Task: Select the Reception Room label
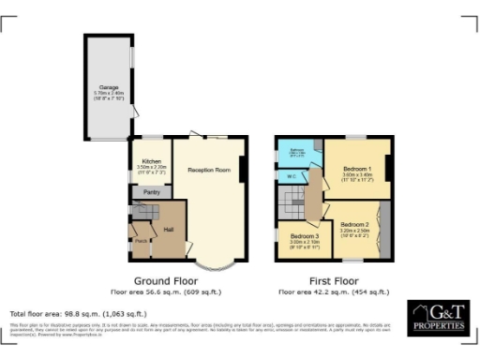click(x=208, y=170)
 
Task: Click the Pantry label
click(x=150, y=191)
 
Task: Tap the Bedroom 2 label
click(x=355, y=225)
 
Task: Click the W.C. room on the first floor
click(x=292, y=175)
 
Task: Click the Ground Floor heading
click(x=164, y=280)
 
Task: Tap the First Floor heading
click(x=335, y=280)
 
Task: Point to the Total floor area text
click(x=78, y=312)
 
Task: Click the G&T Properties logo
click(x=437, y=319)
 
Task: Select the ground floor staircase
click(x=142, y=214)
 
